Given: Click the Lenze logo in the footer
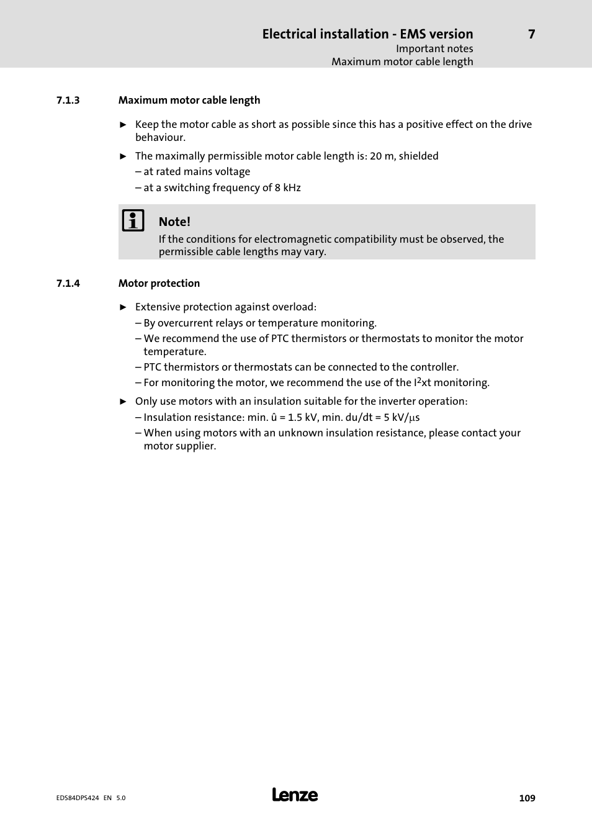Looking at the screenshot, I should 295,795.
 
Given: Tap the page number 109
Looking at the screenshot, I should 527,798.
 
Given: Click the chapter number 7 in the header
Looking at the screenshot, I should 531,34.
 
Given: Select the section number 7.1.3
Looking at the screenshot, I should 68,101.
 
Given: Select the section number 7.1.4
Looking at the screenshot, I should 68,284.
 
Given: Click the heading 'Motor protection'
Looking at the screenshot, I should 159,284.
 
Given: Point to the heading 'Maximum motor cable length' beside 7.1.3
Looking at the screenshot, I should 189,101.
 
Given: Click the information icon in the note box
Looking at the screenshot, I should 133,220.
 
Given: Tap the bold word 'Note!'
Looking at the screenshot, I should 174,222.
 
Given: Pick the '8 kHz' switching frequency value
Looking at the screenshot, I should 288,188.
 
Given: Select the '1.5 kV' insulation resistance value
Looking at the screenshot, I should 303,418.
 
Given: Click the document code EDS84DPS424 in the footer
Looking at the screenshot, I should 78,798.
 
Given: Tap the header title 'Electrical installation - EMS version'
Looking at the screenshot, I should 367,34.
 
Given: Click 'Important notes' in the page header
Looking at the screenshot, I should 434,49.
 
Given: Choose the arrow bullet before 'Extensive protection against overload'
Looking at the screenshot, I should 123,307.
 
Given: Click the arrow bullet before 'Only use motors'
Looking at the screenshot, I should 123,402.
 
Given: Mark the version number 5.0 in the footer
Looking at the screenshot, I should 120,798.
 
